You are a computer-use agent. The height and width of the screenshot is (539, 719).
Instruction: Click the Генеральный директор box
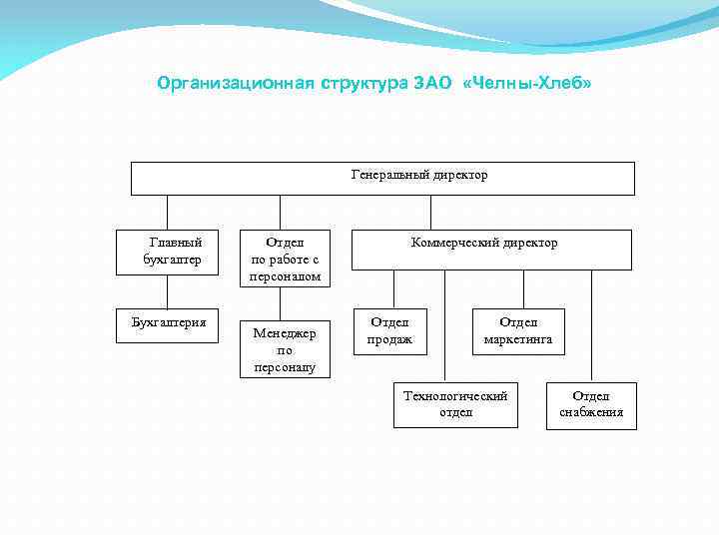tap(382, 178)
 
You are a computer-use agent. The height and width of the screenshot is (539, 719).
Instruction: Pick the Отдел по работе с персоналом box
tap(285, 259)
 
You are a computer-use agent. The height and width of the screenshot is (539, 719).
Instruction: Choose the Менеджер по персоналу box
tap(284, 350)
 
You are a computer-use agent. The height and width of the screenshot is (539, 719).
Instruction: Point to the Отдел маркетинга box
tap(517, 331)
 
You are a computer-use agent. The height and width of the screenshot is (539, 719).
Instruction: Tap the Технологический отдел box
tap(455, 404)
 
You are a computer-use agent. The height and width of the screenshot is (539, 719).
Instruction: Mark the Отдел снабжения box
tap(591, 404)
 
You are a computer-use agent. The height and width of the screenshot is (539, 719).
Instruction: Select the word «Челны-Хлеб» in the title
tap(528, 84)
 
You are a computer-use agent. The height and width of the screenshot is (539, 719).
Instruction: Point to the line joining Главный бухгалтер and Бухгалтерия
tap(167, 292)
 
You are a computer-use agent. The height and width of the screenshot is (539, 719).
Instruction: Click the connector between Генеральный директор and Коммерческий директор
tap(430, 213)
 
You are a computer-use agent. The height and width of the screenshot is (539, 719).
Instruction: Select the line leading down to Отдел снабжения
tap(591, 325)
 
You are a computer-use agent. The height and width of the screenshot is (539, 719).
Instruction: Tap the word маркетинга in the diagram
tap(517, 339)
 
